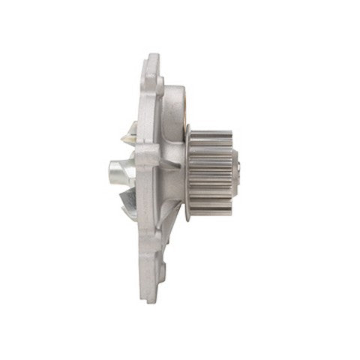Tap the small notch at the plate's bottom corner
coord(159,292)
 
